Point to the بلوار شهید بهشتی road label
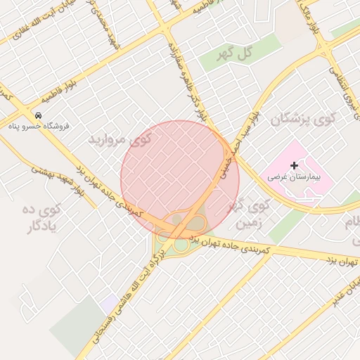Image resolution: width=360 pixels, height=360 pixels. pos(63,179)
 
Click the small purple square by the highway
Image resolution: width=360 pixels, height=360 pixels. pos(109,304)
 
